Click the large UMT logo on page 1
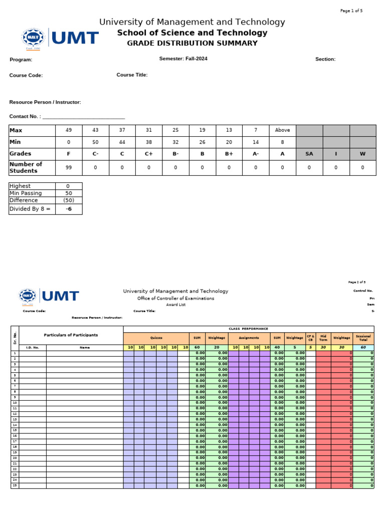60,38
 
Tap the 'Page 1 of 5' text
351,11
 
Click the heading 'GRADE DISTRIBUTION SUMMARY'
192,43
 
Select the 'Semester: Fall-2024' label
183,59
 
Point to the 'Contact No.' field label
25,116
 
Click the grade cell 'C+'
148,154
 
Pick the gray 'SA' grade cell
309,154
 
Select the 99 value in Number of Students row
69,168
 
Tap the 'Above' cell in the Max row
282,130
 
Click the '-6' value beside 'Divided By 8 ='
69,209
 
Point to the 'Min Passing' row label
26,193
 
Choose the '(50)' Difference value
69,200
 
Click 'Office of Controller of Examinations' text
175,298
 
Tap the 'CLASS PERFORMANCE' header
248,329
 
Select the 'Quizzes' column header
156,338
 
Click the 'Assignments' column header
249,338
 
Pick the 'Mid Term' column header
323,338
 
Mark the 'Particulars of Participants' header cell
71,335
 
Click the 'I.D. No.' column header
32,347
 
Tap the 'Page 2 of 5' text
356,282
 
